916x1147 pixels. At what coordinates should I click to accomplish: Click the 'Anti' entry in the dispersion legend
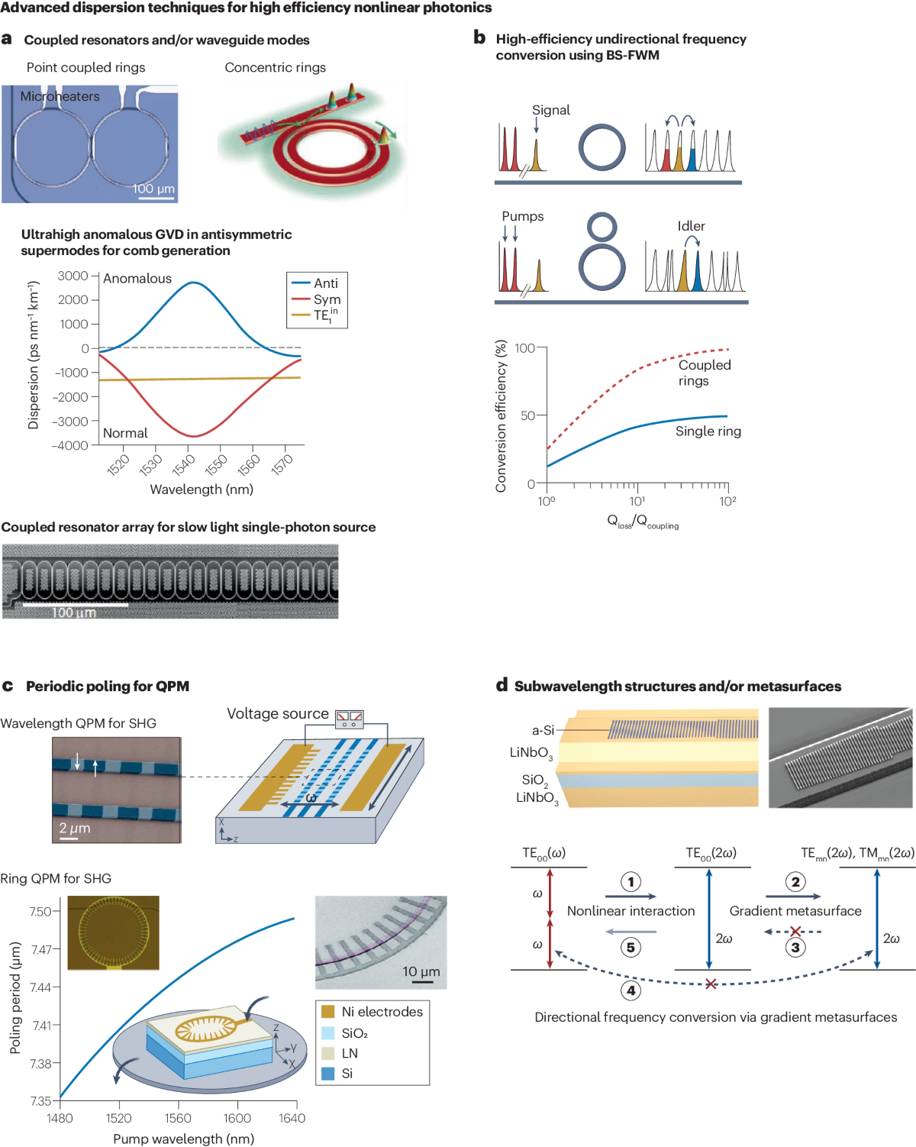tap(325, 283)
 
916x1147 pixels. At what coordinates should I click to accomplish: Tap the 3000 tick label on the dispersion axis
tap(73, 276)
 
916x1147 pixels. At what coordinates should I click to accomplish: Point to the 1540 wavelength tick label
tap(184, 464)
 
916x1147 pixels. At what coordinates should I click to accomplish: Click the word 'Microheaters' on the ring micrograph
tap(60, 96)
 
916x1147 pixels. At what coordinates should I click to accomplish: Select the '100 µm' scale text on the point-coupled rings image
tap(153, 188)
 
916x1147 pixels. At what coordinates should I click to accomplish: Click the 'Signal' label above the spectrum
tap(550, 110)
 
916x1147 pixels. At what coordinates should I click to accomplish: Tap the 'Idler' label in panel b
tap(691, 226)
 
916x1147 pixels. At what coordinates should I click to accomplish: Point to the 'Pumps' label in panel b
tap(522, 216)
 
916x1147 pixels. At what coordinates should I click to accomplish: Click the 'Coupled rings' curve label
tap(704, 373)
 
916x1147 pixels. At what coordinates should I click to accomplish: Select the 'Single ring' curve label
tap(708, 431)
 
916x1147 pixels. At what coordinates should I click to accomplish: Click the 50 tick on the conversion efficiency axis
tap(528, 415)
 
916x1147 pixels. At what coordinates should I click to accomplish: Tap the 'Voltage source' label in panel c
tap(277, 713)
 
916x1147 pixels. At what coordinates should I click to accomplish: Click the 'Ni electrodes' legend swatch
tap(328, 1012)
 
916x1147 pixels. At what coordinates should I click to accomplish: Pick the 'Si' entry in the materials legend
tap(347, 1073)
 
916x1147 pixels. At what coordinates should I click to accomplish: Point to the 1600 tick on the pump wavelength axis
tap(237, 1118)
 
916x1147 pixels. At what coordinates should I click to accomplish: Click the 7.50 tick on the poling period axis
tap(40, 911)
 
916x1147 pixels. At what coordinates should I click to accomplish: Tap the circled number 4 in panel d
tap(631, 990)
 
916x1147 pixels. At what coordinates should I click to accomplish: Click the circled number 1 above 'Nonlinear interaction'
tap(631, 882)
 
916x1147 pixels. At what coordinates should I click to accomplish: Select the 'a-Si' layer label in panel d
tap(543, 730)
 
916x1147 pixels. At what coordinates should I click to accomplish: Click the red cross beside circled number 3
tap(795, 931)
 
